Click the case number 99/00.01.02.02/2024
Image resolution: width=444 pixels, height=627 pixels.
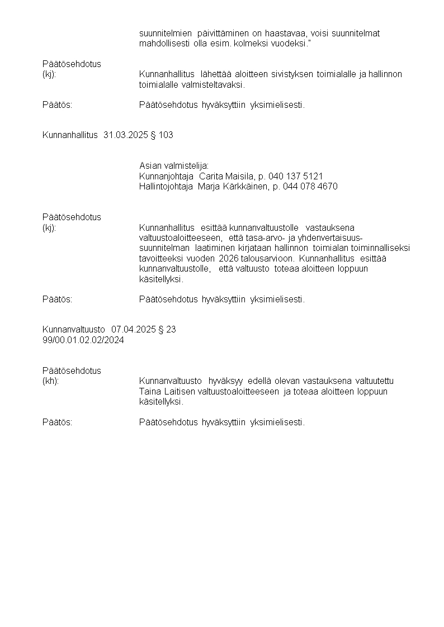coord(83,340)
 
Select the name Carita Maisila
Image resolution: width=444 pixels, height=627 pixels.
coord(226,176)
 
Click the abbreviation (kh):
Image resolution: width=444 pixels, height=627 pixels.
coord(51,381)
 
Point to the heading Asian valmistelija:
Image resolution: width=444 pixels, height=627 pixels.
coord(173,166)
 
